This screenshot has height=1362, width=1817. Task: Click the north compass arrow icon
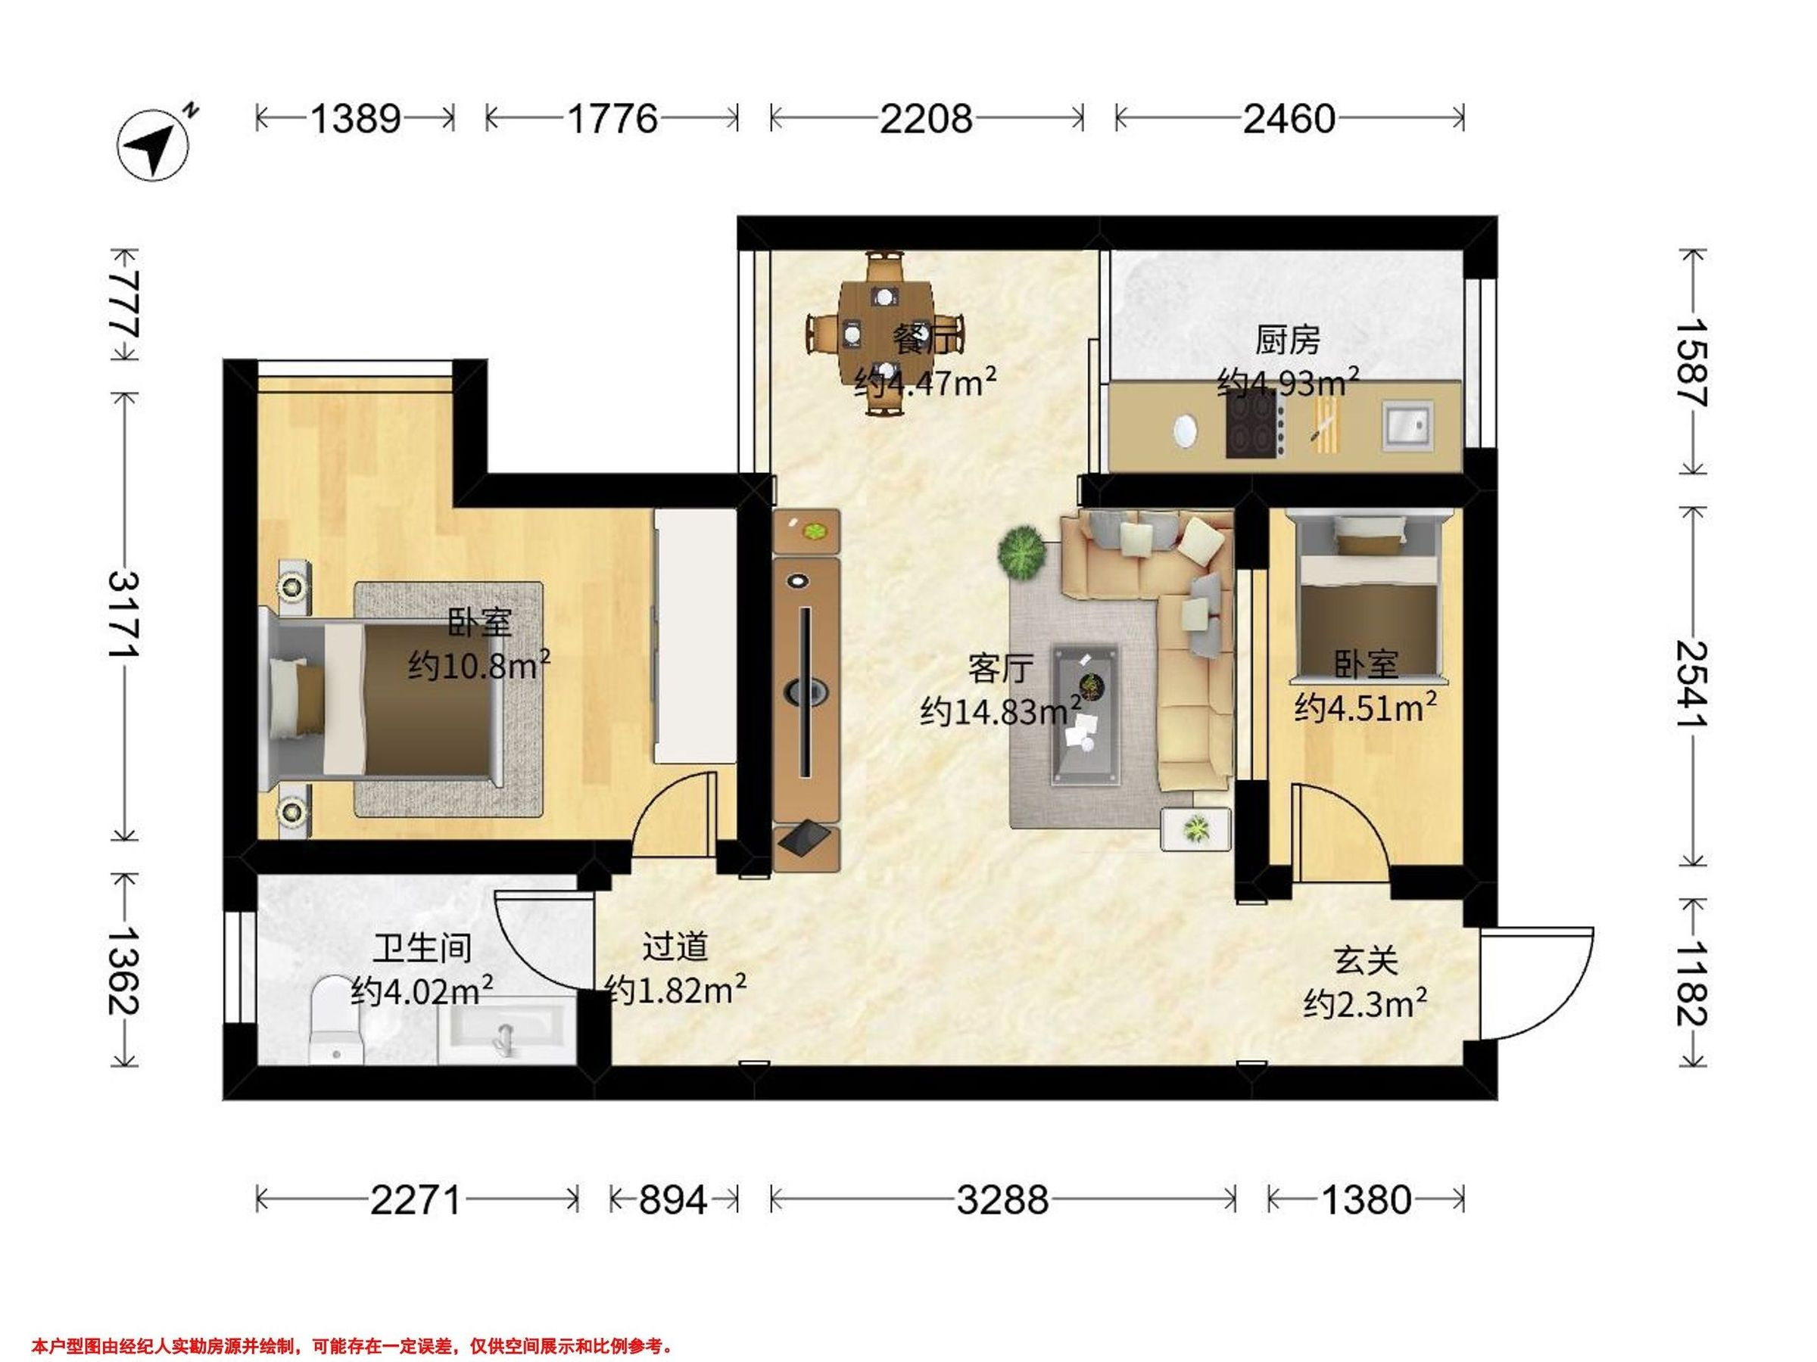coord(153,145)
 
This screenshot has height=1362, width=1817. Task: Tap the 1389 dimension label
coord(355,119)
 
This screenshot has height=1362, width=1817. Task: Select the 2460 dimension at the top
coord(1289,119)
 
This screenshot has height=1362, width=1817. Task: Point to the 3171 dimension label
coord(124,614)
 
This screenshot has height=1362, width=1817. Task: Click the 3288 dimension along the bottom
coord(1002,1200)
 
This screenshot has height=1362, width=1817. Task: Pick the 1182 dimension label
coord(1691,983)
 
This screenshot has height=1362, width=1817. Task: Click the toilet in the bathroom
coord(336,1020)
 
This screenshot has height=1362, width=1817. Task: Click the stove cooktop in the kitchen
coord(1251,424)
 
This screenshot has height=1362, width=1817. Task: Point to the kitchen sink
coord(1408,425)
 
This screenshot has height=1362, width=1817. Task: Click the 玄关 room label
coord(1365,960)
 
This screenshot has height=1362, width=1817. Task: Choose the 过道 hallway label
coord(675,947)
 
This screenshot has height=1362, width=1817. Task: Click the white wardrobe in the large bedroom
coord(695,637)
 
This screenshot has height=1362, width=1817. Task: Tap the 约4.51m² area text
coord(1365,707)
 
